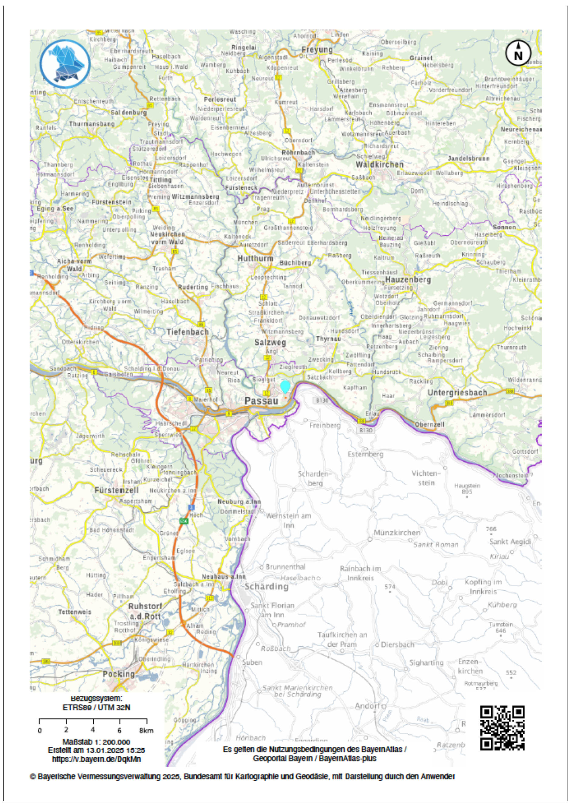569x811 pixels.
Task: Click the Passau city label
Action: (261, 401)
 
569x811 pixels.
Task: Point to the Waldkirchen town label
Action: (379, 165)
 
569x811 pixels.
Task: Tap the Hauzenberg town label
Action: (408, 280)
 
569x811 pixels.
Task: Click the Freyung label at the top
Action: (317, 50)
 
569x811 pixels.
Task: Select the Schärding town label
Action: (266, 587)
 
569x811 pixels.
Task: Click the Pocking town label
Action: (119, 674)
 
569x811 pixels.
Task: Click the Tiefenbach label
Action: (187, 332)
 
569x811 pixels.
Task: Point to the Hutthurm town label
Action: (255, 259)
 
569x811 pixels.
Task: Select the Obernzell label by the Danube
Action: (429, 425)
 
